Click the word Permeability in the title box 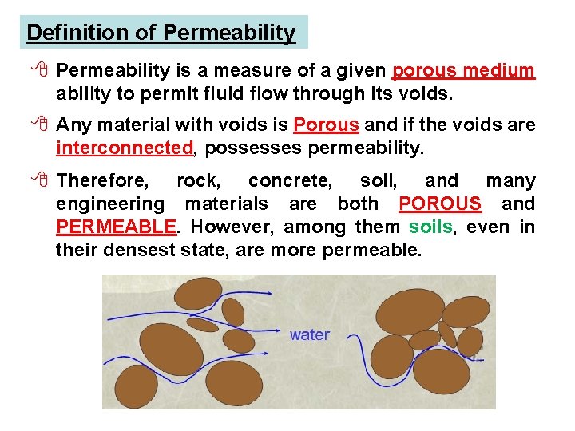(229, 33)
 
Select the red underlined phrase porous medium (464, 71)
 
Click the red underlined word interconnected (125, 148)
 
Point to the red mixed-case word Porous (326, 125)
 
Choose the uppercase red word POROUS (440, 204)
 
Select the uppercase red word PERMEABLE (116, 227)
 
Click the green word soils (430, 227)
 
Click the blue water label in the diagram (310, 334)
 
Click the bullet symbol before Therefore (38, 180)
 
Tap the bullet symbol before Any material (38, 125)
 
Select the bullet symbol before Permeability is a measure (38, 71)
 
